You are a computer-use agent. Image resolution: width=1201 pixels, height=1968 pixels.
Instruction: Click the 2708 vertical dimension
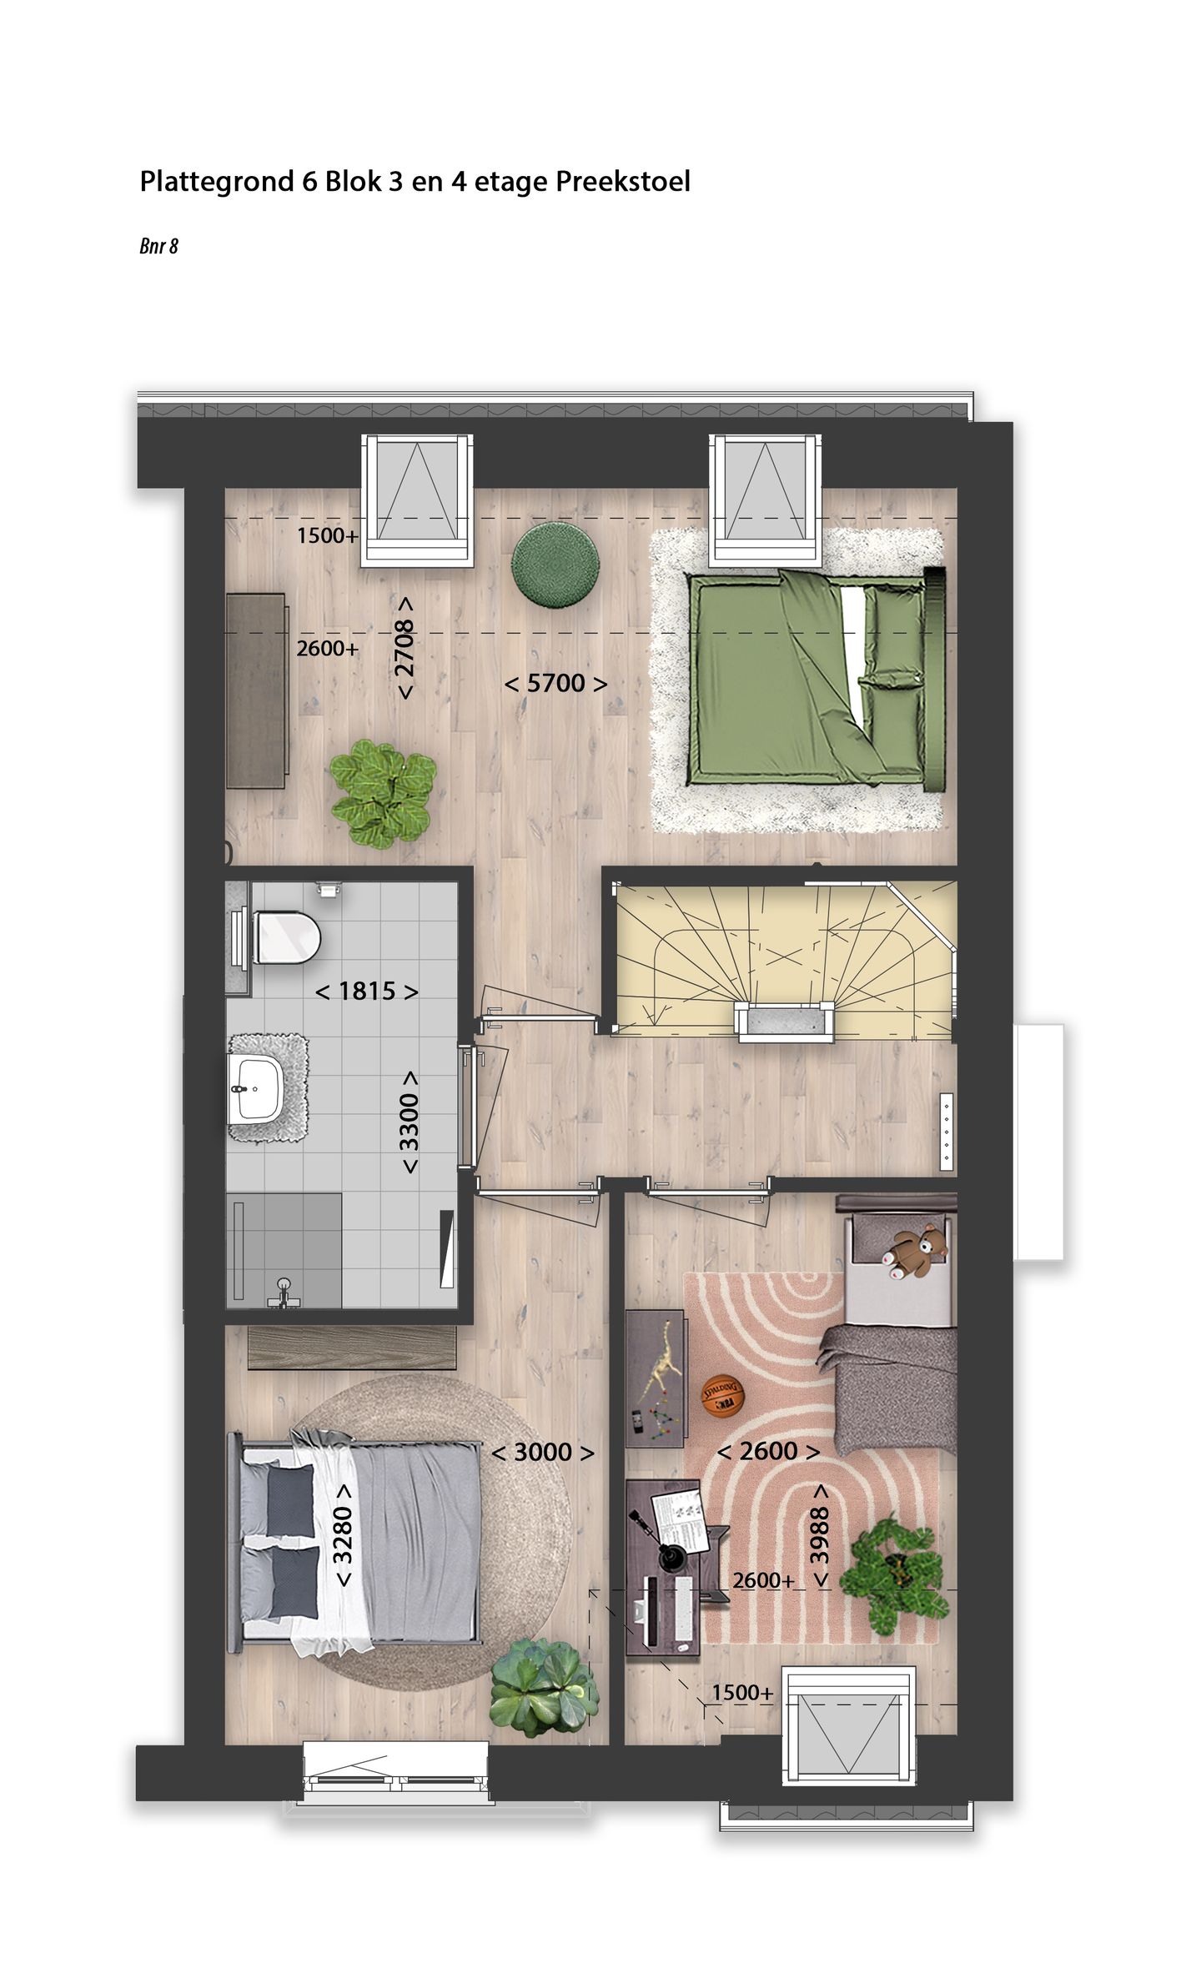pyautogui.click(x=405, y=648)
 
